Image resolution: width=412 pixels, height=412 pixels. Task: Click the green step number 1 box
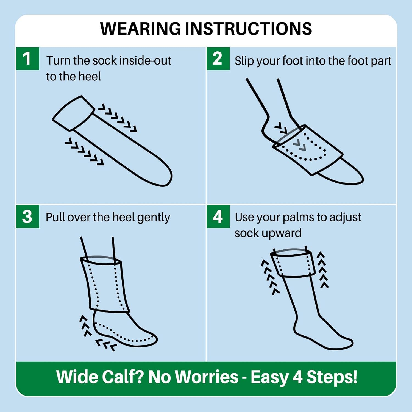point(27,59)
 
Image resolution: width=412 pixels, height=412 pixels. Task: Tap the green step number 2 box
point(218,59)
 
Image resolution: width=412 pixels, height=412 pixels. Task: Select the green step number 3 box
point(27,216)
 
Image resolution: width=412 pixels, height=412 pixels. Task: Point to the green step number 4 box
point(218,216)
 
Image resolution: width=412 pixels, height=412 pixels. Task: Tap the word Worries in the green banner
point(207,377)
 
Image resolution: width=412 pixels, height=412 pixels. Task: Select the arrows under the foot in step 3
point(106,345)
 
